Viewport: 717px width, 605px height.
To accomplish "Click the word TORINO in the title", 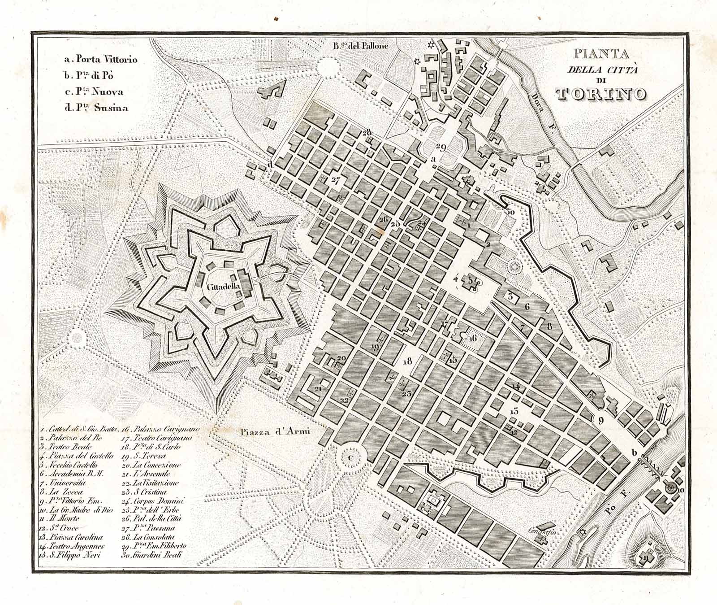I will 601,93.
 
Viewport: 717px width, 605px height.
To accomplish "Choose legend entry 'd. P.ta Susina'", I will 96,108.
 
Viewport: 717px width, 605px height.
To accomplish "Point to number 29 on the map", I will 440,148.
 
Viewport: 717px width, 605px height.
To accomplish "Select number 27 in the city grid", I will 336,180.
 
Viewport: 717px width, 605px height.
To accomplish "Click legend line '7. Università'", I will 63,483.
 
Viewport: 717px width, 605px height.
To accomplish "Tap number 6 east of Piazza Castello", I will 527,307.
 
